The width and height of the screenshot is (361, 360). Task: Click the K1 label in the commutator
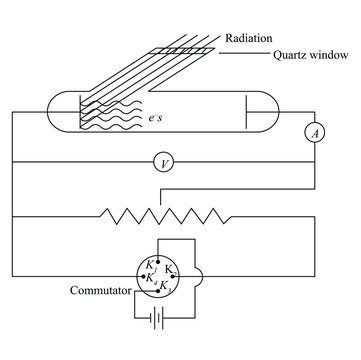[151, 264]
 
